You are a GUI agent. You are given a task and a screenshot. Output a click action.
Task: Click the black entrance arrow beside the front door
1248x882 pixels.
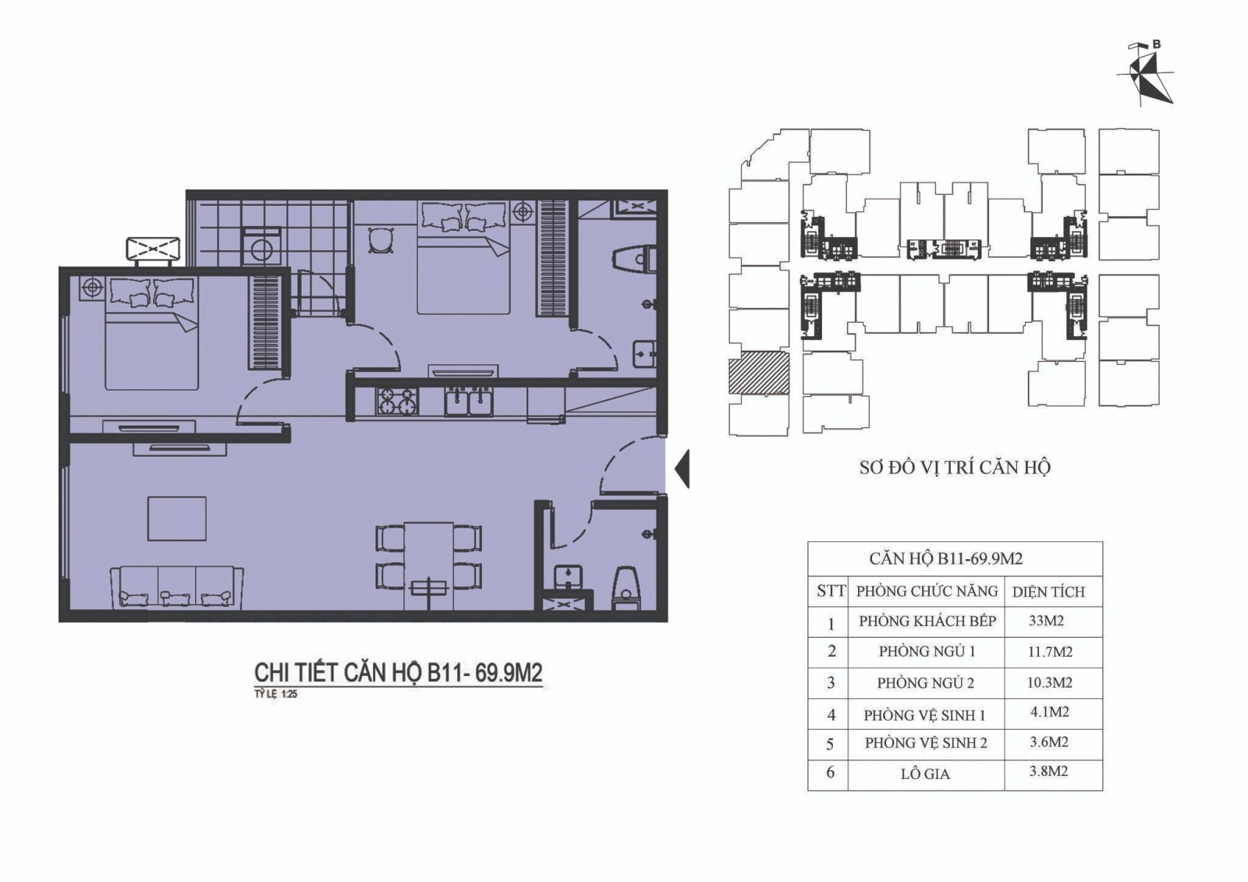[x=682, y=469]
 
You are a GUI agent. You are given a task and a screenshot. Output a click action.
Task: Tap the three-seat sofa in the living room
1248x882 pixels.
[x=177, y=587]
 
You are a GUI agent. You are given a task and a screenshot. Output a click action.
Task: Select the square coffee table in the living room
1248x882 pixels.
[x=176, y=519]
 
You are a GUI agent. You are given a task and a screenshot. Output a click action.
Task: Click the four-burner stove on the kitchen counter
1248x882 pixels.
[x=398, y=401]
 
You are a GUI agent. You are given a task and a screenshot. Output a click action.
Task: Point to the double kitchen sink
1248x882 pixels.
[x=469, y=402]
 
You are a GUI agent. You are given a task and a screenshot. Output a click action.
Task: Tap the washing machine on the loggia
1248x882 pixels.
[x=261, y=247]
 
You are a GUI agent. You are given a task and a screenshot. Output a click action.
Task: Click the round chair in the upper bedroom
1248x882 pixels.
[x=381, y=241]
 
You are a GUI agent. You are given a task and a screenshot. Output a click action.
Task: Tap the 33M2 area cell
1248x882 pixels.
[x=1046, y=621]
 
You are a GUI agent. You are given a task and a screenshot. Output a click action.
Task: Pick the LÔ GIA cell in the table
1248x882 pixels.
[x=925, y=774]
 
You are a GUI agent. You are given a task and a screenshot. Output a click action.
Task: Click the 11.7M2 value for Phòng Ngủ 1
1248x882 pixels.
[x=1050, y=650]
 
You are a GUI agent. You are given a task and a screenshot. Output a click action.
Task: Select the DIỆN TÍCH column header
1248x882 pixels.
[x=1048, y=592]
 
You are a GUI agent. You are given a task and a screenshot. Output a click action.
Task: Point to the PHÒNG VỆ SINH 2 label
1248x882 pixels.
[x=926, y=743]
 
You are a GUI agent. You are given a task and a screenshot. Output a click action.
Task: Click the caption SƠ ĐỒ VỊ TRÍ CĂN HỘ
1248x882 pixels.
[x=955, y=467]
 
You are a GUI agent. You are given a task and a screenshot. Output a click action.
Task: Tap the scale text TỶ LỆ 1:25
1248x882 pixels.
[x=276, y=695]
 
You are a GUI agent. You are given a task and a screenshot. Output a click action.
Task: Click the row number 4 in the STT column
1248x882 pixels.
[x=831, y=715]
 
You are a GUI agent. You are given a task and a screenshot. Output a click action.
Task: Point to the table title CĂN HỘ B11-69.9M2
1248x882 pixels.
[x=946, y=558]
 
